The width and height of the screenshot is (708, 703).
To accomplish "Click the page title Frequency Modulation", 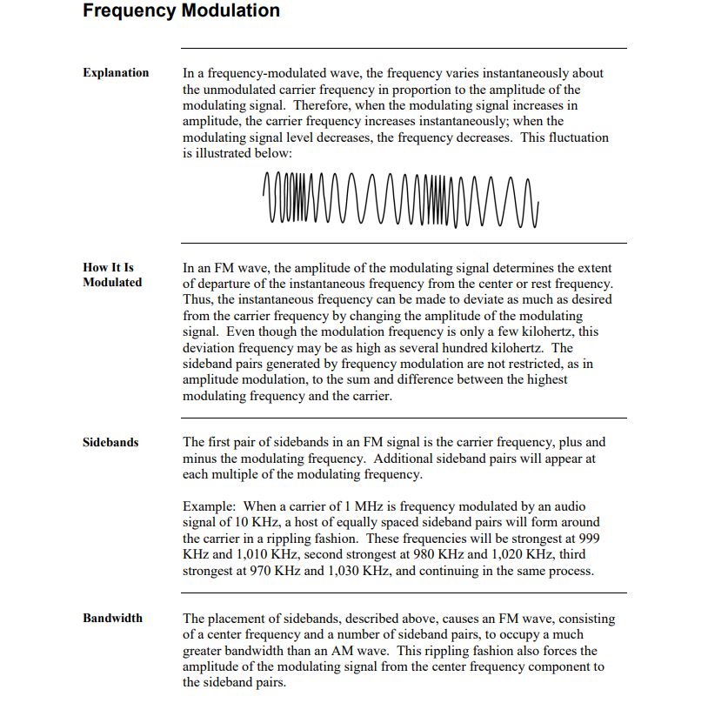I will point(182,11).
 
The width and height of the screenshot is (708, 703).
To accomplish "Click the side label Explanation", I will point(116,73).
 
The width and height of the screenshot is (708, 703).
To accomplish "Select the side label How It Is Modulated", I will point(112,275).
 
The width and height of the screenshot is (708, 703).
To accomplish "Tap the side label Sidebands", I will point(110,443).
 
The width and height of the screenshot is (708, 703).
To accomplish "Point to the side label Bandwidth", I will point(112,619).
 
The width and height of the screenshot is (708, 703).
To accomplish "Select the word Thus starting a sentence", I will point(197,299).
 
